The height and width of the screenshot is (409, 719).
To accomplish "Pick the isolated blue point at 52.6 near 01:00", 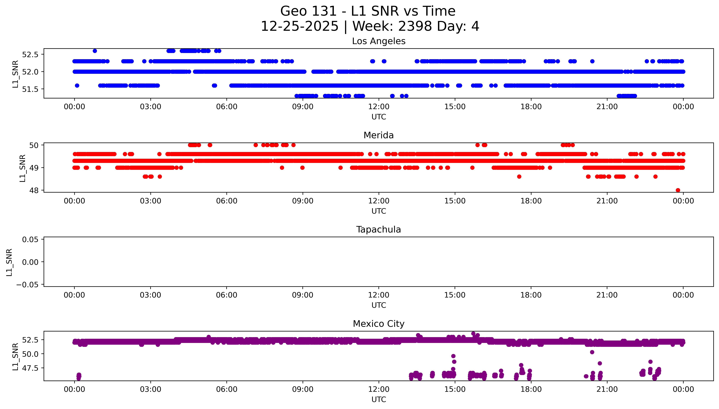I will (x=95, y=51).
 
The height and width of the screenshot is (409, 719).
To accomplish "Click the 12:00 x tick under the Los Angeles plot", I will (x=379, y=107).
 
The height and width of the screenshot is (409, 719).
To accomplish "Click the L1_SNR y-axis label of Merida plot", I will (x=23, y=168).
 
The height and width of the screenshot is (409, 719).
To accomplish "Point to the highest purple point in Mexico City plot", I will (x=473, y=334).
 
